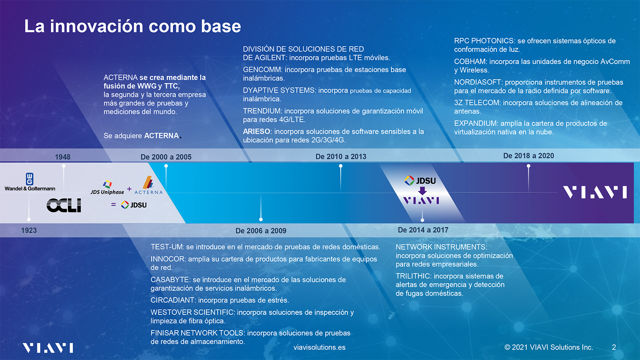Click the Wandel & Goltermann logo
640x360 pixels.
point(30,182)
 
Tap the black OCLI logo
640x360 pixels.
point(64,205)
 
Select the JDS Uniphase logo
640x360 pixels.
point(107,188)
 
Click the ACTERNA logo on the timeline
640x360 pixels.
point(148,185)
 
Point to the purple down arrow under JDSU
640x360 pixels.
point(422,190)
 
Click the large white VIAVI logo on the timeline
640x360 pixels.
point(595,192)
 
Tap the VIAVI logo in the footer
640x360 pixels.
point(48,348)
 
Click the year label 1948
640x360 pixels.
point(62,157)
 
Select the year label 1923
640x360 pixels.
point(29,230)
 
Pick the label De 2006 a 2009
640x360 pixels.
point(261,230)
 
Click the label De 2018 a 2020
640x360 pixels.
point(528,156)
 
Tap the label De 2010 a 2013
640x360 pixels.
point(341,156)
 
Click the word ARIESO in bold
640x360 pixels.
point(256,132)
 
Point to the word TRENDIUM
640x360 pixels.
point(262,111)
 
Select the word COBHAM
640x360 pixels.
point(470,62)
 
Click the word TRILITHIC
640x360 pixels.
point(413,276)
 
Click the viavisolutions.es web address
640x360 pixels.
point(320,348)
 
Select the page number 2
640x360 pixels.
point(614,347)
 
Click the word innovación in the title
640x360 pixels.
point(96,26)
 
